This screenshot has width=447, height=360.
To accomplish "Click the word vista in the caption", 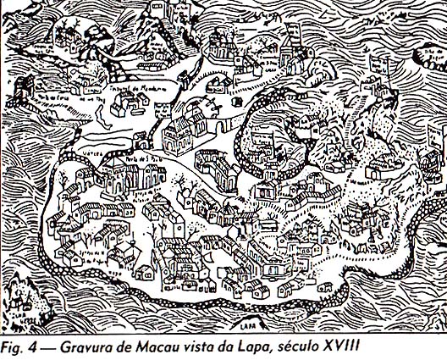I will point(202,347).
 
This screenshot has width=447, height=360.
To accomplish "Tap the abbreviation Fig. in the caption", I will point(15,347).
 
